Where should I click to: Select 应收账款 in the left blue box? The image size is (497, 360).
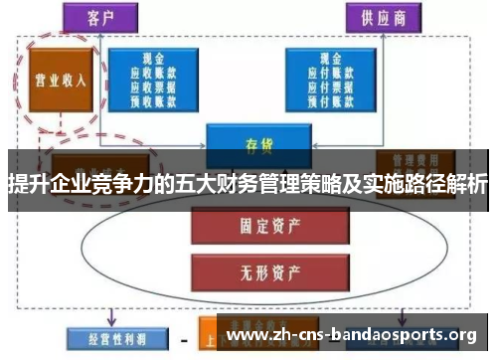coord(154,72)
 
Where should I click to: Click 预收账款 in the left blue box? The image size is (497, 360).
coord(154,99)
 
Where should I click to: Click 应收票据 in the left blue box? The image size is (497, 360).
coord(154,86)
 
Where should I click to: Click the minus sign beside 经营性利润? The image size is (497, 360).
coord(185,339)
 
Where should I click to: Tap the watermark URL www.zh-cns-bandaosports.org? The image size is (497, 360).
coord(352,332)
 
